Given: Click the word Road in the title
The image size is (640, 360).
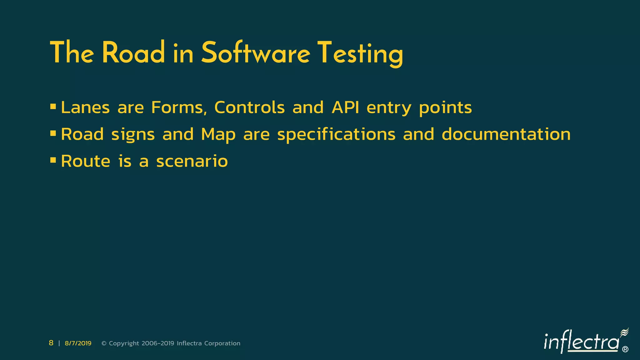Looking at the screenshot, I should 133,53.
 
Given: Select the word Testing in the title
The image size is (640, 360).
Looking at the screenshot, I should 360,54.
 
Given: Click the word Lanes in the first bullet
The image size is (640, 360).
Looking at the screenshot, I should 85,107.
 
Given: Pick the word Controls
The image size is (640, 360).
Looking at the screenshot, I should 249,107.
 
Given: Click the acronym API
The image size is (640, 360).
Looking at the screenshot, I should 345,107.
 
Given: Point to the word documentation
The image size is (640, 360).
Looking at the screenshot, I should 506,134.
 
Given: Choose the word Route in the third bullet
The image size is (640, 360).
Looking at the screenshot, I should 86,161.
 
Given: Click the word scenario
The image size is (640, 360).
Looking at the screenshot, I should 192,162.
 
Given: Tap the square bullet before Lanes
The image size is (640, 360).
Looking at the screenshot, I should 53,107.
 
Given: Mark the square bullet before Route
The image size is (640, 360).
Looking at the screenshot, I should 53,161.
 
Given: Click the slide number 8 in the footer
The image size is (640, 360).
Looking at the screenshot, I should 51,343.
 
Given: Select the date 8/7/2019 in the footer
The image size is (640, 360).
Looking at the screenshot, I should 78,343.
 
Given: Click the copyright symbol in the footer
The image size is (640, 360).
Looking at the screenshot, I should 104,343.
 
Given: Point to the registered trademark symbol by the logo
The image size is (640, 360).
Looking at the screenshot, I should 625,349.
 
